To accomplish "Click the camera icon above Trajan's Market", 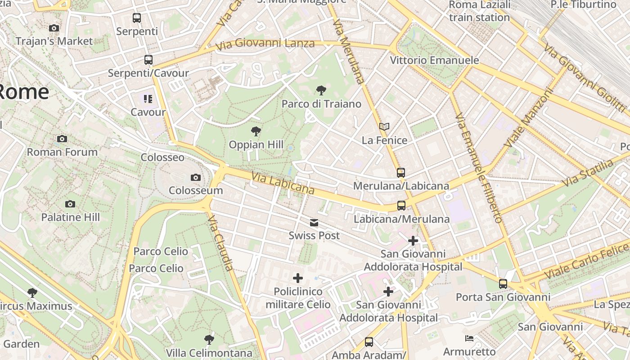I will [x=54, y=28].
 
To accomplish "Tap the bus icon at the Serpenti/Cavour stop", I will [x=148, y=60].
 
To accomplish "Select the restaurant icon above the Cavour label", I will [x=148, y=99].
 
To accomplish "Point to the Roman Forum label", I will [x=62, y=152].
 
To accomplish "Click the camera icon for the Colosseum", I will [x=195, y=178].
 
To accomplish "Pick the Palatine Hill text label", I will [x=70, y=217].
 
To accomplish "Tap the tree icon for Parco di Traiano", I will [x=321, y=90].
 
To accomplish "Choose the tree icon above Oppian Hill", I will [x=256, y=131].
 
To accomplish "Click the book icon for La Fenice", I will [x=384, y=127].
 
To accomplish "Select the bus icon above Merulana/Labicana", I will [x=401, y=173].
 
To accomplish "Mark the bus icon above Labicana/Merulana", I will [x=401, y=206].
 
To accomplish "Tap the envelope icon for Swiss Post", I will [x=314, y=223].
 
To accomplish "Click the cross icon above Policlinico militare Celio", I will [x=297, y=279].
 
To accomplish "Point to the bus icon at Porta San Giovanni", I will [x=503, y=284].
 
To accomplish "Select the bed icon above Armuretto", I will [x=469, y=338].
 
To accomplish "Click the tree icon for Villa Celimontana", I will [x=209, y=339].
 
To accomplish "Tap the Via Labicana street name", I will [x=283, y=183].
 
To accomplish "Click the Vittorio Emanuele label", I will [x=434, y=60].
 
